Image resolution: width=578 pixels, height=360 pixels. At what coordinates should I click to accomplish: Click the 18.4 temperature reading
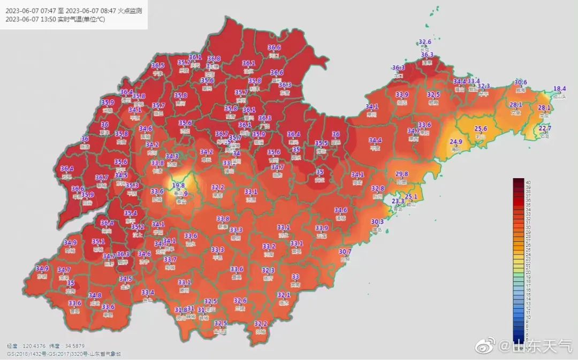[x=559, y=89]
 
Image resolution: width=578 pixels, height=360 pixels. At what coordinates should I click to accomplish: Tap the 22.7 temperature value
[x=545, y=128]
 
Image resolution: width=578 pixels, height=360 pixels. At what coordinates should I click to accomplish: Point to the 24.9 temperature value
[x=456, y=142]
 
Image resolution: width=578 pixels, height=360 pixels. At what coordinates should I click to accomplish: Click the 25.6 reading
[x=481, y=128]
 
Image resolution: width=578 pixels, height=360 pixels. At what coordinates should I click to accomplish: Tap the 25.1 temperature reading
[x=411, y=197]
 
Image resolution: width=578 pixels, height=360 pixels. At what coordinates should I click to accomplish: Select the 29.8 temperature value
[x=401, y=174]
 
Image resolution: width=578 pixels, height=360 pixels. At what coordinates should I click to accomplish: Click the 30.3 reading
[x=377, y=222]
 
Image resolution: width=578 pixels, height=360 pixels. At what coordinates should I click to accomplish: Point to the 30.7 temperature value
[x=345, y=251]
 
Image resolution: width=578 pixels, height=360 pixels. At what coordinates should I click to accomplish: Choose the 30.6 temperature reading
[x=521, y=82]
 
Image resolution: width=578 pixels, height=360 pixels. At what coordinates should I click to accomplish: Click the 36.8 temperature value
[x=214, y=59]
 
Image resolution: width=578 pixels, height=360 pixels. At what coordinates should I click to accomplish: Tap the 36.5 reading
[x=158, y=65]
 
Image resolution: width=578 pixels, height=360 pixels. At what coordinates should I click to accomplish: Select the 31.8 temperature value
[x=181, y=310]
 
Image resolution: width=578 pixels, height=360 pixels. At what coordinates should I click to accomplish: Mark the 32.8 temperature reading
[x=378, y=188]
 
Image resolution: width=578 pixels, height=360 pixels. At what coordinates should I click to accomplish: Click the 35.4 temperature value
[x=131, y=213]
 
